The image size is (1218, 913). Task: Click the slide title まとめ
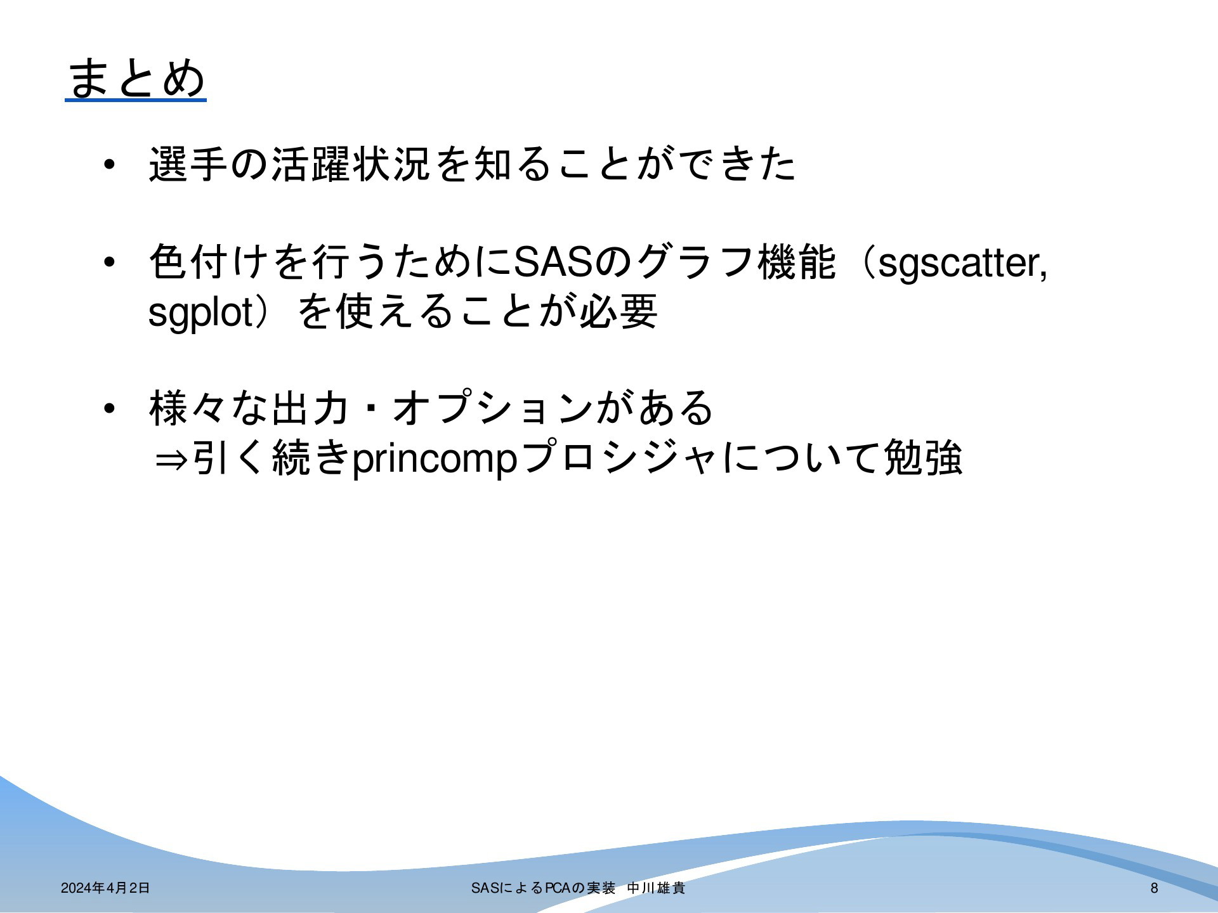click(136, 79)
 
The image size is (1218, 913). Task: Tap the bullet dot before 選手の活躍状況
click(109, 165)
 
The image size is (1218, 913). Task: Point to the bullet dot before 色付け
click(109, 262)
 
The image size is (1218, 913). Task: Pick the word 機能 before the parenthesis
click(796, 262)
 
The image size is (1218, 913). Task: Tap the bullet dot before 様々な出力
click(109, 408)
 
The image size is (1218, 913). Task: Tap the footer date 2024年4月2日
click(105, 888)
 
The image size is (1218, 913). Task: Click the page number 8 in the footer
click(1154, 888)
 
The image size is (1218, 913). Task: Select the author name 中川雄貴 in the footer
click(656, 888)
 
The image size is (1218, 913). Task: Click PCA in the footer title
click(558, 888)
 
